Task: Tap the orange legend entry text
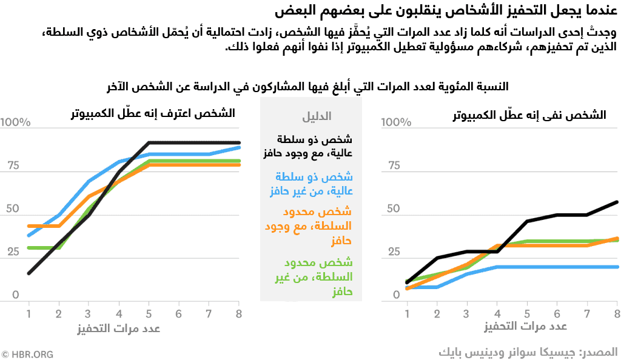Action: coord(309,225)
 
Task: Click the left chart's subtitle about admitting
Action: coord(153,113)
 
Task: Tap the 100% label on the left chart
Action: coord(15,122)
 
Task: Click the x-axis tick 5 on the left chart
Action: coord(149,313)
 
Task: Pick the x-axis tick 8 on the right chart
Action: coord(617,313)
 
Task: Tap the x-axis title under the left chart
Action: coord(119,328)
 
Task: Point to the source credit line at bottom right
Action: coord(528,352)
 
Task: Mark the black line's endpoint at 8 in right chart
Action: coord(617,202)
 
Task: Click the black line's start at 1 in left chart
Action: coord(29,273)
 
